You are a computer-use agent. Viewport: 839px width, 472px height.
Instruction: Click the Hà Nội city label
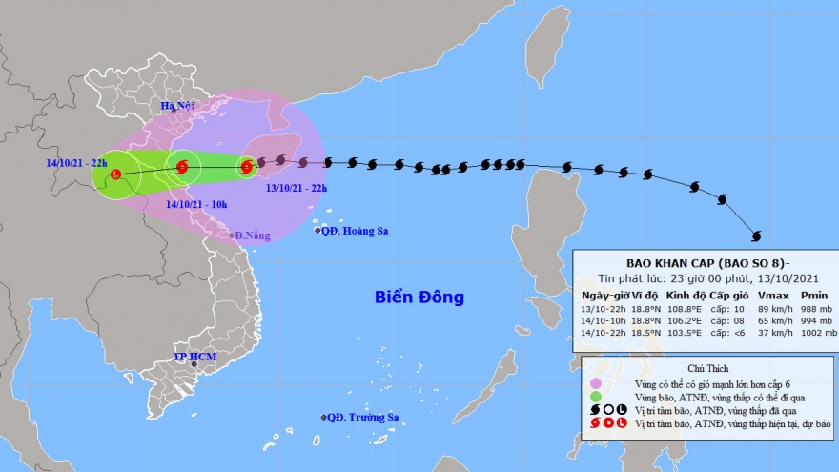176,105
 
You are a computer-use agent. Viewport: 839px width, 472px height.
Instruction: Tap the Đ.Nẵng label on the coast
251,236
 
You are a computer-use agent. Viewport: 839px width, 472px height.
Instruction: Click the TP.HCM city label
194,357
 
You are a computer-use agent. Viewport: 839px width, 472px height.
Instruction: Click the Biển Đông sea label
419,298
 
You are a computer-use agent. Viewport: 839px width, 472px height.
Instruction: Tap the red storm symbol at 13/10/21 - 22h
247,168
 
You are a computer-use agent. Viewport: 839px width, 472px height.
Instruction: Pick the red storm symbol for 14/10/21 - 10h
183,169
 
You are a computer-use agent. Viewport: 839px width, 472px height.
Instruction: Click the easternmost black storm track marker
757,236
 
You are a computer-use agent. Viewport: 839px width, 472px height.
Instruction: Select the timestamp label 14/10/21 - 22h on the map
76,162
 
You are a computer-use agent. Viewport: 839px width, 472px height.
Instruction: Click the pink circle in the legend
596,382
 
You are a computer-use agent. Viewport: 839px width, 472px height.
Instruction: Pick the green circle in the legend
596,397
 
